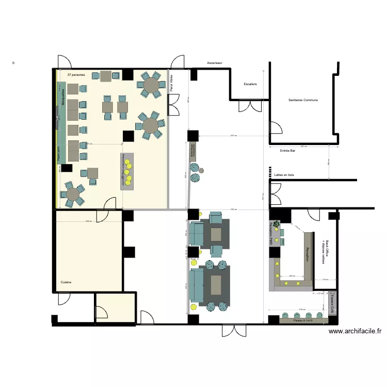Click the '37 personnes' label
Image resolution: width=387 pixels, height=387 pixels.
tap(76, 75)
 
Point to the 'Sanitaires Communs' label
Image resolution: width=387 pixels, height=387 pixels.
tap(303, 100)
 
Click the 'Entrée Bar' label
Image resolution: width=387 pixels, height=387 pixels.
tap(287, 151)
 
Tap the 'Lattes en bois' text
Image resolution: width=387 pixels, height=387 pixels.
tap(284, 175)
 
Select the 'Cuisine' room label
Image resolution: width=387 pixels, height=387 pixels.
tap(66, 282)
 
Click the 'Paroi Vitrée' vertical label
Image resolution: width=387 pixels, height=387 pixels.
tap(171, 84)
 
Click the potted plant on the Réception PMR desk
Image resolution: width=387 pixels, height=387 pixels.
tap(277, 224)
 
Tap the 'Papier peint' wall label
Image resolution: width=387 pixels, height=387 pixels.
tap(58, 155)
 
